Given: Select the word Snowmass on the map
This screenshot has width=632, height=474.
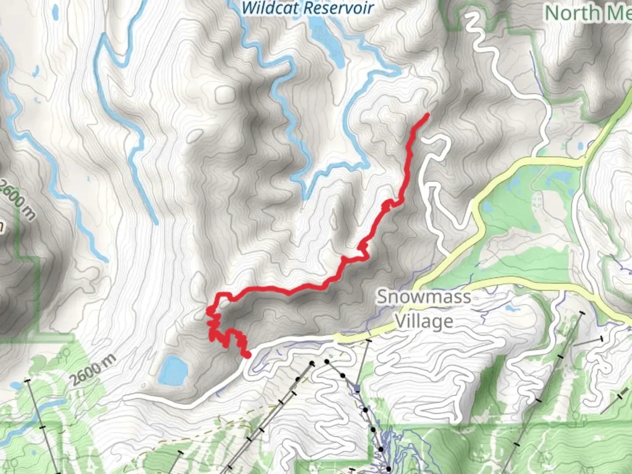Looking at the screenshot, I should pyautogui.click(x=424, y=297).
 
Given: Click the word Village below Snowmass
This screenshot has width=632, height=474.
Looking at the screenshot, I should pyautogui.click(x=424, y=321).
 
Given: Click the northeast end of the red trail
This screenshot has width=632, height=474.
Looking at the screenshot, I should pyautogui.click(x=427, y=115).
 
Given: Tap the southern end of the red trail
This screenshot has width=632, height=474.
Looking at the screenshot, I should pyautogui.click(x=248, y=355).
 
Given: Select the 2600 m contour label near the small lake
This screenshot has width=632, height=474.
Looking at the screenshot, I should pyautogui.click(x=93, y=370).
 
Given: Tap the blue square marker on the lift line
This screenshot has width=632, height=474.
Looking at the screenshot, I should pyautogui.click(x=357, y=388).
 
